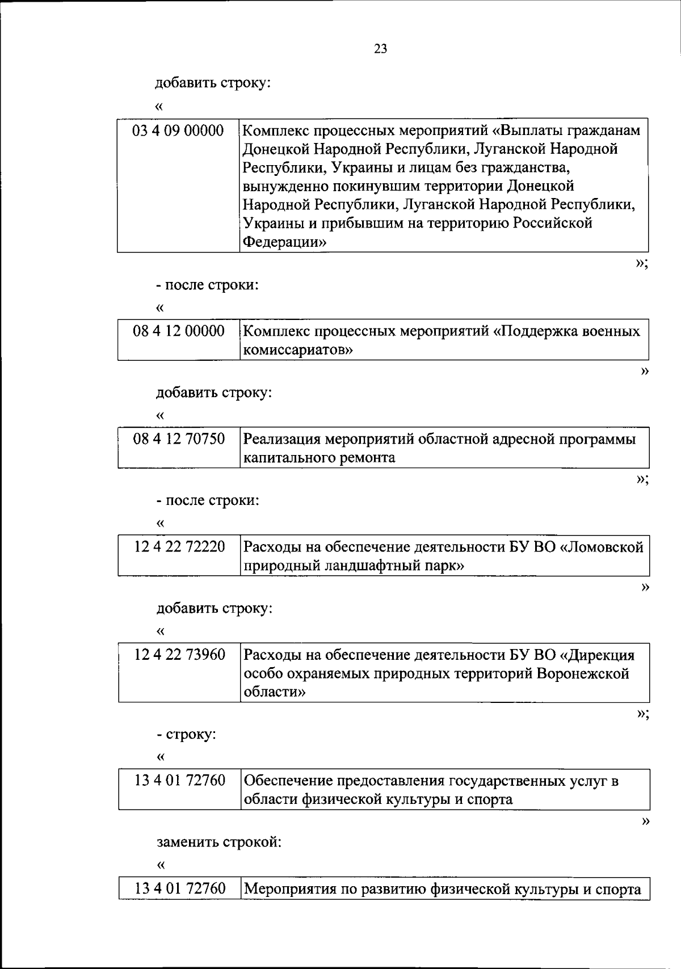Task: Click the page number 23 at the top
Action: click(380, 49)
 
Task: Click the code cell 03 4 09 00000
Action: click(178, 131)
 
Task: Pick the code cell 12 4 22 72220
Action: click(179, 547)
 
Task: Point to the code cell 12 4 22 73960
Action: click(179, 655)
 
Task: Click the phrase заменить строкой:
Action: click(219, 842)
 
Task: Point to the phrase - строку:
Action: click(186, 735)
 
